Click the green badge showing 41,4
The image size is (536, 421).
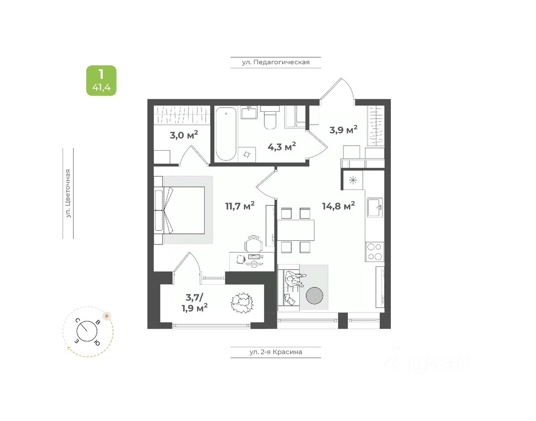(x=101, y=80)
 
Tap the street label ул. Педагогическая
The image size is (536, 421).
(x=276, y=63)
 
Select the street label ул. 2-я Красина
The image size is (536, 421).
(x=276, y=352)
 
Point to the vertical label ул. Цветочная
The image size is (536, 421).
(x=68, y=193)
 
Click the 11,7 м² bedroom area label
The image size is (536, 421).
(x=240, y=206)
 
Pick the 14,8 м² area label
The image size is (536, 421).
(x=339, y=205)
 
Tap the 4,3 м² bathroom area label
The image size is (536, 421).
(x=281, y=147)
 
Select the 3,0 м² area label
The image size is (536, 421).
(x=184, y=135)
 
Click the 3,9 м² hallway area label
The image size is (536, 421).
(x=343, y=130)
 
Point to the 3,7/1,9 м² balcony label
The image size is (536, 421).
(x=195, y=303)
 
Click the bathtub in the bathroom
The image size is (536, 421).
(x=226, y=134)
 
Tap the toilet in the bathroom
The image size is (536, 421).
(x=270, y=118)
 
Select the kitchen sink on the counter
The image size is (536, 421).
(x=375, y=207)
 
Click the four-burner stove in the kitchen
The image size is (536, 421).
(x=375, y=251)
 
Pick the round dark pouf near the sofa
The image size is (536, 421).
(x=314, y=295)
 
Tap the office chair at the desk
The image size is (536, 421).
(x=253, y=244)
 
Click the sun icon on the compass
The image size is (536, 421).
(x=107, y=316)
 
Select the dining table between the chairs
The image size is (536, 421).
(x=296, y=230)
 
